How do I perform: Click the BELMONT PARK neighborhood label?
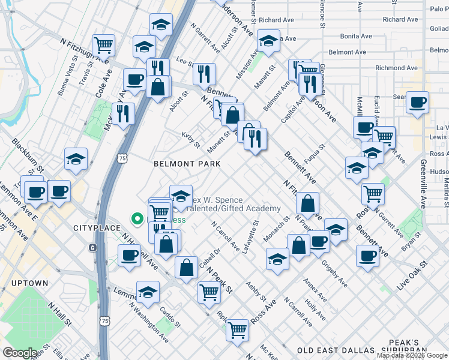(x=187, y=163)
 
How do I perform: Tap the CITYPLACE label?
(x=93, y=228)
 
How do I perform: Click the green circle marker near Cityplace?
(x=137, y=220)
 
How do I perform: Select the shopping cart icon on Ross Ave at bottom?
(x=238, y=328)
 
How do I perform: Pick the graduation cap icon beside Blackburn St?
(x=76, y=159)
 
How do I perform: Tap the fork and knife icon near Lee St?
(x=204, y=73)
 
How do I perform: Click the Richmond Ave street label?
(x=396, y=68)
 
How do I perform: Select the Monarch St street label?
(x=276, y=227)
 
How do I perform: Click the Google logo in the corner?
(x=20, y=353)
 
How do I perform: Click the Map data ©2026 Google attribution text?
(x=411, y=355)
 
